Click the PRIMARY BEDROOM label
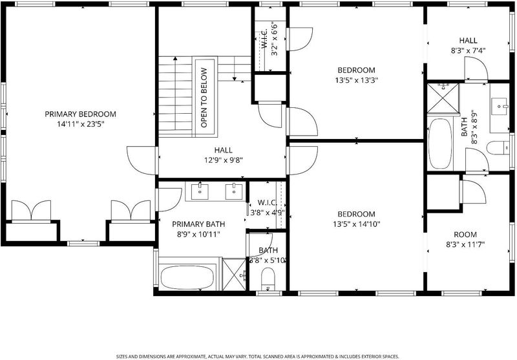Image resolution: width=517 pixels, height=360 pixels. click(x=80, y=114)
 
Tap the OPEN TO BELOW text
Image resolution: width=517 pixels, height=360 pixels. click(x=204, y=98)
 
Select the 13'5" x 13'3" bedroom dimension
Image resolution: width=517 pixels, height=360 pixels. click(x=356, y=80)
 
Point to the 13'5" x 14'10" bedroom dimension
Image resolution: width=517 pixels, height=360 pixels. click(x=357, y=224)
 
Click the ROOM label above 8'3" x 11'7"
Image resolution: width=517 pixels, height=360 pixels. click(x=465, y=235)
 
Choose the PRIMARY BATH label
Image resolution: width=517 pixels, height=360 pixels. click(x=198, y=224)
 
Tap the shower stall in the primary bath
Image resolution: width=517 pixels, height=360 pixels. click(x=234, y=275)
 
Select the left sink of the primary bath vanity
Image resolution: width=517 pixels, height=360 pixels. click(x=200, y=191)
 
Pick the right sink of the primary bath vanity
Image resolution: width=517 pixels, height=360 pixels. click(x=234, y=191)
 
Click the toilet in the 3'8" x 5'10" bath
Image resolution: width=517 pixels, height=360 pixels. click(x=268, y=279)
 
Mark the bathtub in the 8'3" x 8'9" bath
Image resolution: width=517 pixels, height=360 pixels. click(x=440, y=143)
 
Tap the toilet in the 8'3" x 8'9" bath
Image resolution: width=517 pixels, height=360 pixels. click(x=498, y=148)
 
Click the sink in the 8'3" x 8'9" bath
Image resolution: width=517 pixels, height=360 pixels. click(x=500, y=106)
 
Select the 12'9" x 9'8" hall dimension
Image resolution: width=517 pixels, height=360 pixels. click(x=224, y=160)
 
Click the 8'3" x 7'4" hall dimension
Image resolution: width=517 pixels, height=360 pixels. click(x=468, y=50)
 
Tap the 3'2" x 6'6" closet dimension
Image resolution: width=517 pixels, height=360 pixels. click(x=274, y=39)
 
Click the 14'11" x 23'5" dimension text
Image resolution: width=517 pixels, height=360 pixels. click(x=80, y=124)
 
